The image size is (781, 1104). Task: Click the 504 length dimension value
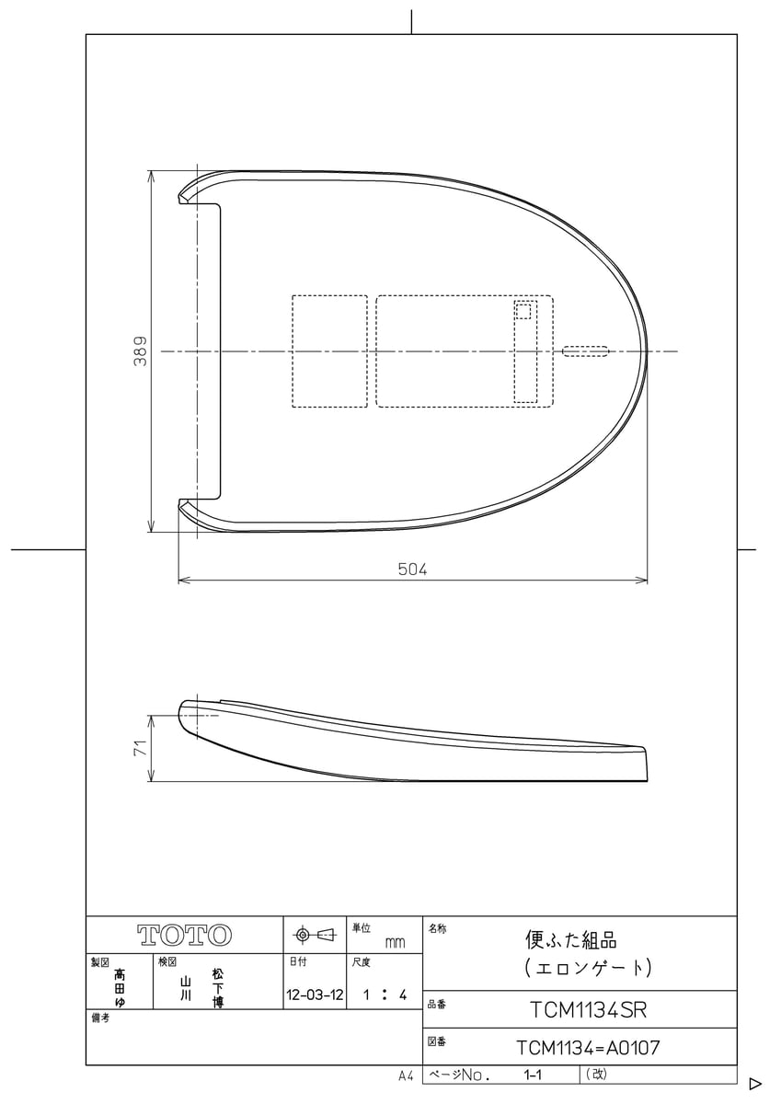[412, 569]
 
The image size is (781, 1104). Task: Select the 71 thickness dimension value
[140, 749]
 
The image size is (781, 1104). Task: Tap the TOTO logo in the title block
[184, 936]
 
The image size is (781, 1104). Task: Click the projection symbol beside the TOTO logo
[314, 936]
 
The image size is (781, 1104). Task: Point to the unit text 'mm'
[395, 943]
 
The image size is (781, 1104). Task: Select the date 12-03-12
[315, 995]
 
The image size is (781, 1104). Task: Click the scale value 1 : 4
[385, 995]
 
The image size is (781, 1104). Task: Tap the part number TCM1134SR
[589, 1010]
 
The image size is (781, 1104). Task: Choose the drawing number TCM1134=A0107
[589, 1048]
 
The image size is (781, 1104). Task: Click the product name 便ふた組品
[570, 940]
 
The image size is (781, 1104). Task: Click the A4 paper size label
[406, 1075]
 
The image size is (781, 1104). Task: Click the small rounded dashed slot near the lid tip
[585, 351]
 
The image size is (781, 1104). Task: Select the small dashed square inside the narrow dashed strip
[523, 312]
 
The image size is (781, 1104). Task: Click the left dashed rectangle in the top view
[329, 351]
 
